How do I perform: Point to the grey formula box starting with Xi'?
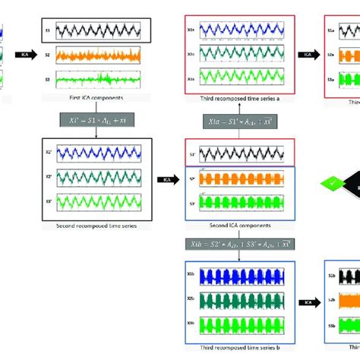coord(96,121)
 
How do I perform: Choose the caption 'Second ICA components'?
coord(231,226)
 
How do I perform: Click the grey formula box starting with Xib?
coord(238,245)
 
